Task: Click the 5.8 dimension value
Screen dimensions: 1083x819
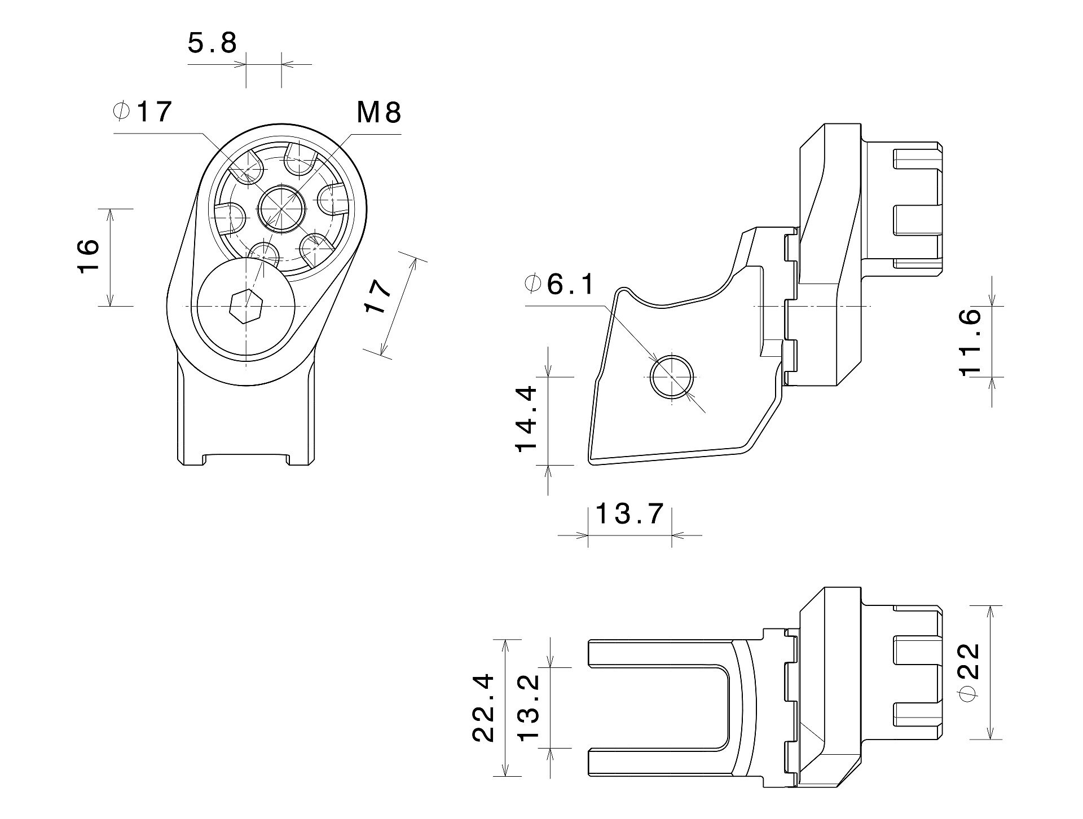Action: [212, 43]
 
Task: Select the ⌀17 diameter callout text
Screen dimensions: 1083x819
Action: [142, 112]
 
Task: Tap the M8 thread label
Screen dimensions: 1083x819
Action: [378, 113]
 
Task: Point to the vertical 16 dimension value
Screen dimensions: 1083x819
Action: [88, 256]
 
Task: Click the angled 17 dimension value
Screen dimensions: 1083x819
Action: [377, 296]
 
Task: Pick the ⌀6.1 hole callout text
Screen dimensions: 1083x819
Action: [559, 284]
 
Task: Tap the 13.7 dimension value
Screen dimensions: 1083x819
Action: [629, 513]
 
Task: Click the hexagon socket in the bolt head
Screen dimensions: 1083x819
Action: [246, 307]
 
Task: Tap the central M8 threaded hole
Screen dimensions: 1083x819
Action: [281, 209]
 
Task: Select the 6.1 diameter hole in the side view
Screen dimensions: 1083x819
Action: [672, 377]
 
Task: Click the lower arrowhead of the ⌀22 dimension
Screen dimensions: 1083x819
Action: [989, 732]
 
